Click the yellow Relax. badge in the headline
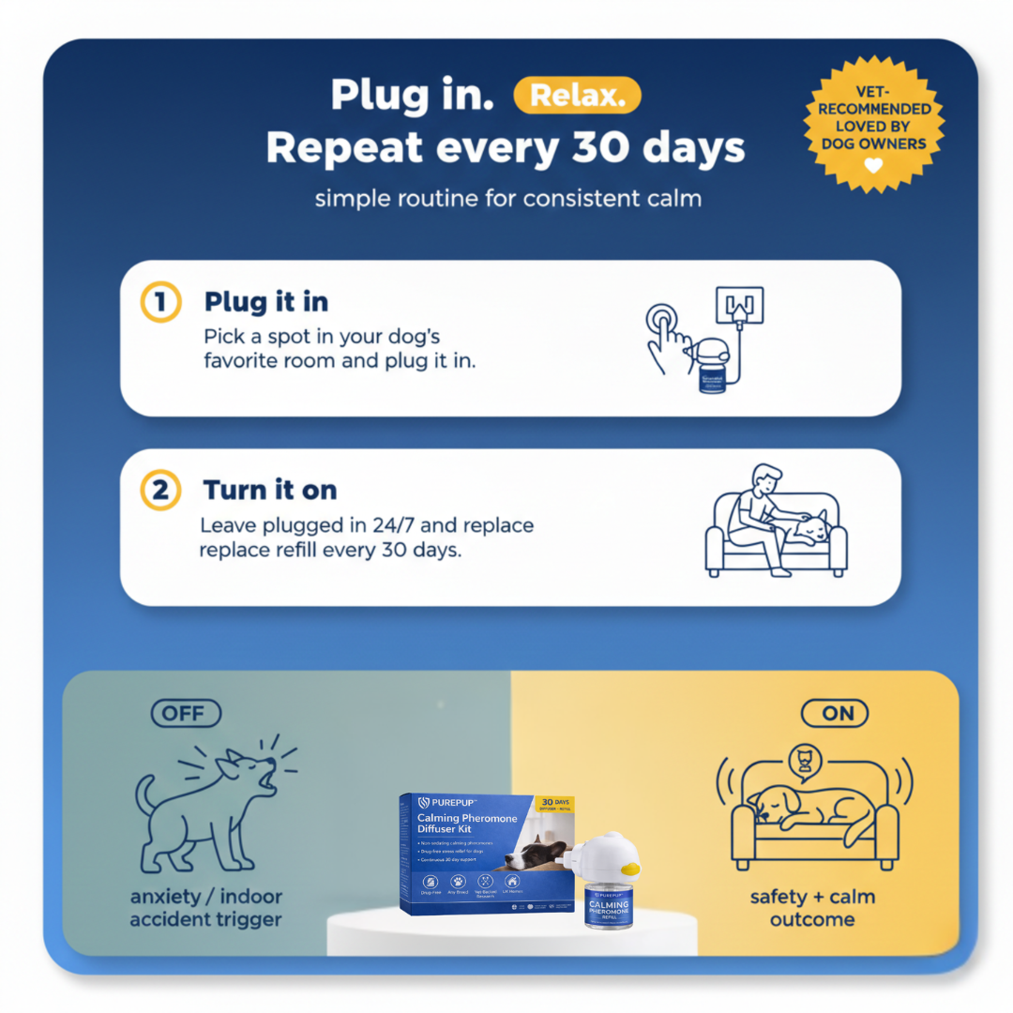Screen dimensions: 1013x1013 click(577, 96)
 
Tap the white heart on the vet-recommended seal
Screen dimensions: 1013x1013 click(873, 165)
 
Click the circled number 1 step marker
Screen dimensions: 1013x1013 click(159, 303)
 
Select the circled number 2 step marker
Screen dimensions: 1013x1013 click(159, 491)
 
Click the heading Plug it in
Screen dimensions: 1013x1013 click(266, 303)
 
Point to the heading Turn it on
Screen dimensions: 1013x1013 click(270, 491)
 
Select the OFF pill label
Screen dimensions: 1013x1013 click(186, 713)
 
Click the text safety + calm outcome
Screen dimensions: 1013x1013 click(812, 908)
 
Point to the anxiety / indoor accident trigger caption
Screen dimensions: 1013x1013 click(205, 908)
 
